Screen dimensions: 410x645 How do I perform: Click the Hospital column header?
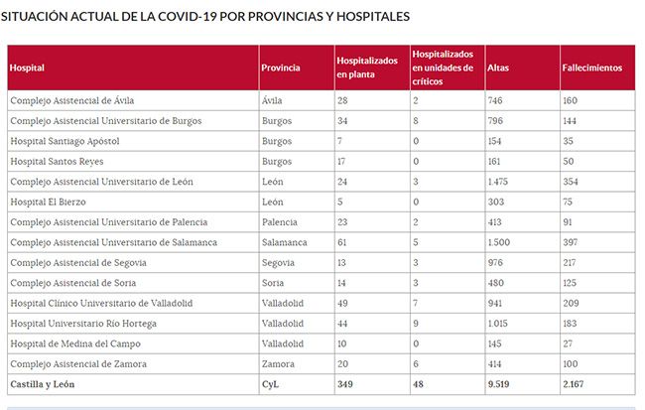27,68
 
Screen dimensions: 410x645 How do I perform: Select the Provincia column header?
280,68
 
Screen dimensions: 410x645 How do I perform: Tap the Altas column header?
498,68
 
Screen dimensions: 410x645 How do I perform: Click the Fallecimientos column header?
592,68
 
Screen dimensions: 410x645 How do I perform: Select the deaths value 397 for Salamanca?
571,242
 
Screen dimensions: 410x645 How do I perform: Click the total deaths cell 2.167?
575,384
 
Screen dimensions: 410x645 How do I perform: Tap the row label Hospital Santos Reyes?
57,161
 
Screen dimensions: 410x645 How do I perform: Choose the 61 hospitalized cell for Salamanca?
342,242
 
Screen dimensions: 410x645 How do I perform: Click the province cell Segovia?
277,262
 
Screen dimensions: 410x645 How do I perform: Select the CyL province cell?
270,384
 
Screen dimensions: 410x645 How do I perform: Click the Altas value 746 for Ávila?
496,100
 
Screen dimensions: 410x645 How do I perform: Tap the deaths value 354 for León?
571,181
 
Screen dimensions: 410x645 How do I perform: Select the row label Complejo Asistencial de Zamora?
78,364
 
